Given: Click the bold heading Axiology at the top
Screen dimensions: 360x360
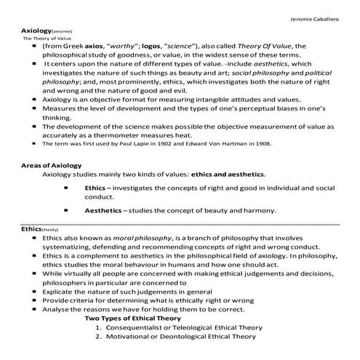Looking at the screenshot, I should coord(36,31).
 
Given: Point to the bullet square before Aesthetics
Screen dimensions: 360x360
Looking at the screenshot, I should coord(67,210).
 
